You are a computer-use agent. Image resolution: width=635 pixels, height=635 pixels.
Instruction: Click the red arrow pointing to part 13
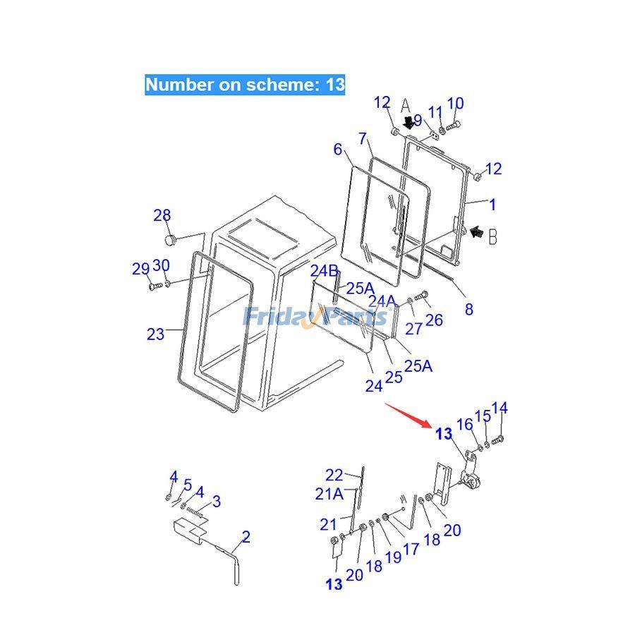pos(407,415)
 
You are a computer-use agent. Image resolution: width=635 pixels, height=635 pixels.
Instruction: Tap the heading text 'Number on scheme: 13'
pos(245,85)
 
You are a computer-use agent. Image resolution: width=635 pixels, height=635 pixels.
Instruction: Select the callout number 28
pos(162,216)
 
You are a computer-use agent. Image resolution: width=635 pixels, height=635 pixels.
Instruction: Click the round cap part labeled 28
pos(169,241)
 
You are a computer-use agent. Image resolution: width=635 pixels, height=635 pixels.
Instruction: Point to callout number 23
pos(155,334)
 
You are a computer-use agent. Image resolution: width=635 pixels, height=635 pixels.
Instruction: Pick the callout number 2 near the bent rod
pos(246,537)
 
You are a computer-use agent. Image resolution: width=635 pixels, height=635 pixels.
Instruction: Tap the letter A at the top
pos(406,106)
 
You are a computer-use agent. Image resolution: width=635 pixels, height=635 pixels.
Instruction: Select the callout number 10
pos(455,104)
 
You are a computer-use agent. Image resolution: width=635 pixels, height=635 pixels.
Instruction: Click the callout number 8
pos(468,309)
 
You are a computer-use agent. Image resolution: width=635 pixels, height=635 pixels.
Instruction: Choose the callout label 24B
pos(325,271)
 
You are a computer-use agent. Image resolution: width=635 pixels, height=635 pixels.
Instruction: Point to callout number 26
pos(434,320)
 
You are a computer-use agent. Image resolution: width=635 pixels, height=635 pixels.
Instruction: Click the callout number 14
pos(500,408)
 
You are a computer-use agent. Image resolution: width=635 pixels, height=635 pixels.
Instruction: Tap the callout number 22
pos(334,475)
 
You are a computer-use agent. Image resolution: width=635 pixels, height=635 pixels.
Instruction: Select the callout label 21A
pos(329,494)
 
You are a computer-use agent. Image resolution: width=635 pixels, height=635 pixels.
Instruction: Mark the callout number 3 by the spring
pos(217,502)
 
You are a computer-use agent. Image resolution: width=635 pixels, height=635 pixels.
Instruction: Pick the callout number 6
pos(338,149)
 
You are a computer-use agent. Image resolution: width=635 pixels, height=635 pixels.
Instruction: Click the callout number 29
pos(140,268)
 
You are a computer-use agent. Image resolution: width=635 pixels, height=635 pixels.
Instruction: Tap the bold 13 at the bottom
pos(334,584)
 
